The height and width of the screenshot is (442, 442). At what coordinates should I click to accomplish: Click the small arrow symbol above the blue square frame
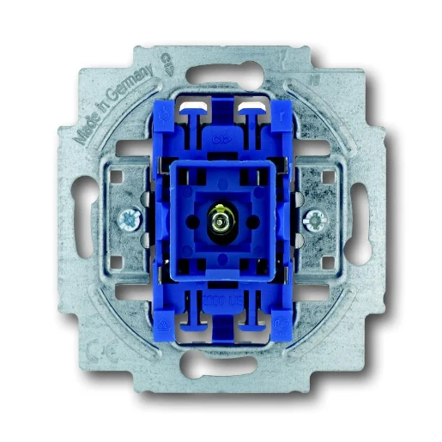221,135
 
